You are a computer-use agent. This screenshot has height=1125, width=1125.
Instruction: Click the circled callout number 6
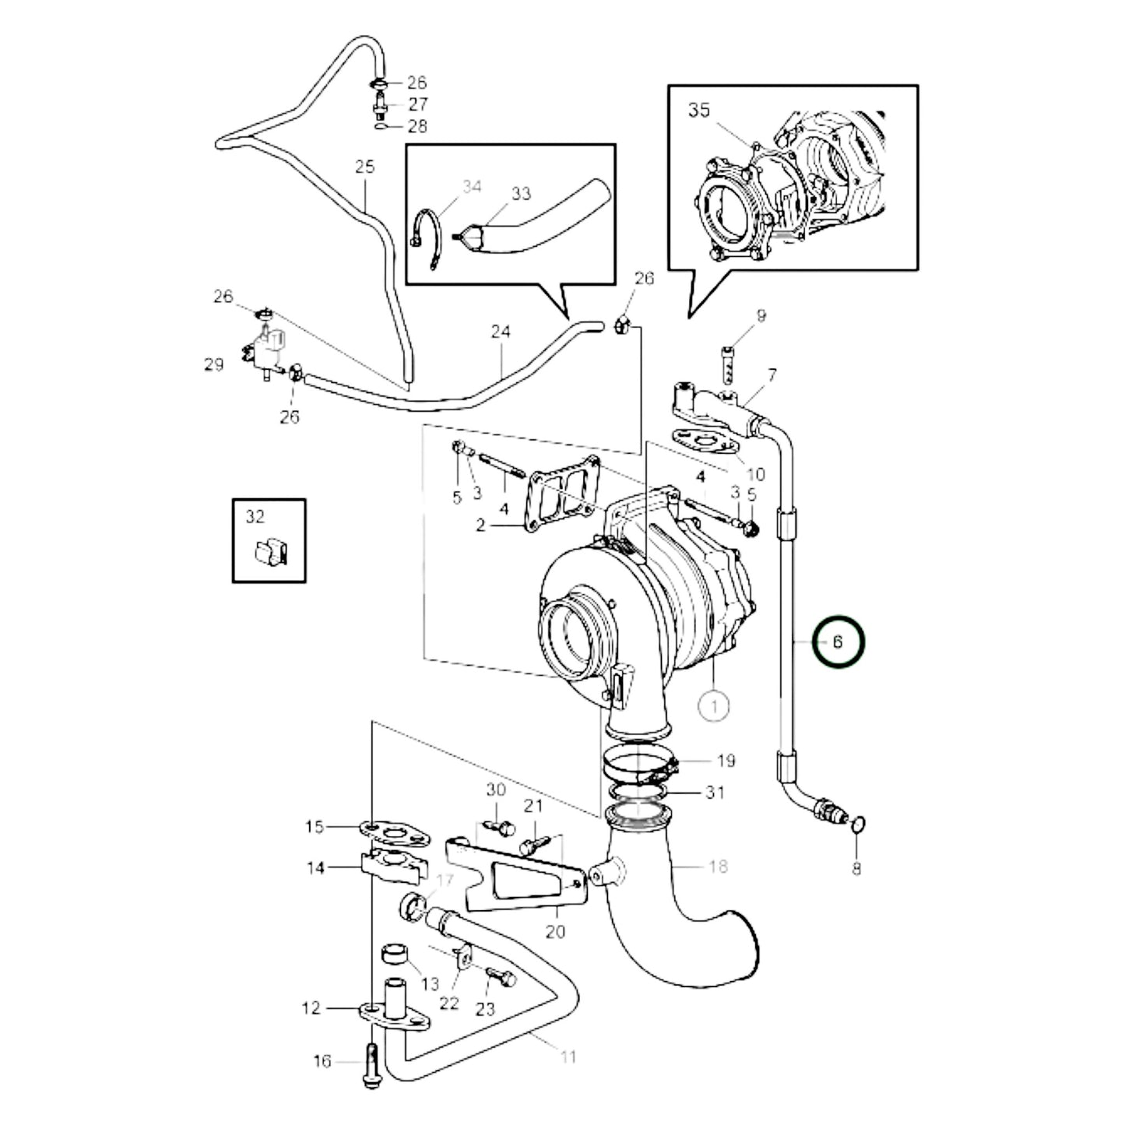click(x=838, y=642)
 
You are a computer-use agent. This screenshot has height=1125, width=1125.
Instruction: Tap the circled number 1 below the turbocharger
click(x=714, y=706)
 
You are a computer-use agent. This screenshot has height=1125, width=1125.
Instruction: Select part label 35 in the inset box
click(x=698, y=111)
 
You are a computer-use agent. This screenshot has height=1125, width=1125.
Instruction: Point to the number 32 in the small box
click(x=255, y=517)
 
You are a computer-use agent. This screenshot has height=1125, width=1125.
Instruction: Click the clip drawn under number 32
click(x=269, y=551)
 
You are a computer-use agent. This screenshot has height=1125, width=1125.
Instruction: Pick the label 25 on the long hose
click(x=364, y=167)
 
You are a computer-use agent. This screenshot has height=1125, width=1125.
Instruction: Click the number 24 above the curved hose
click(x=500, y=332)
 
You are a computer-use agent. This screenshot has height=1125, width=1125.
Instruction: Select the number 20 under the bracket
click(x=555, y=931)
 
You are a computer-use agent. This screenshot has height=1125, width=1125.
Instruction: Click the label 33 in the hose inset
click(x=521, y=193)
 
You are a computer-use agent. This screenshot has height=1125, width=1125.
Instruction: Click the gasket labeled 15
click(x=396, y=831)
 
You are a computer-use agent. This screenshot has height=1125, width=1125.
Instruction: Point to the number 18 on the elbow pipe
click(x=717, y=866)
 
